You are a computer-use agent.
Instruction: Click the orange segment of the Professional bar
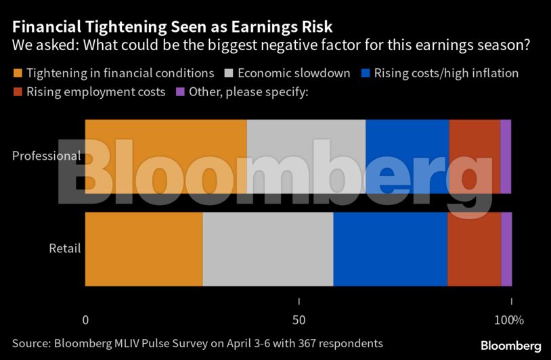tap(166, 156)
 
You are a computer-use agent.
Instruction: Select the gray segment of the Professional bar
tap(306, 156)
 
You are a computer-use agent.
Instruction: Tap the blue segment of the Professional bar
tap(407, 156)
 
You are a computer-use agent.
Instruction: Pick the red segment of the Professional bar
tap(475, 156)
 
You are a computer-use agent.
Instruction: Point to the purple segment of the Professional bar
tap(506, 156)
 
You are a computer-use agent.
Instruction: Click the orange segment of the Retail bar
tap(144, 248)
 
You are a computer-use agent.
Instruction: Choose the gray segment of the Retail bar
tap(268, 248)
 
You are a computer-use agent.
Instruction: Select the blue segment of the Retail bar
tap(391, 248)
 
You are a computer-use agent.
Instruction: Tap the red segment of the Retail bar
tap(475, 248)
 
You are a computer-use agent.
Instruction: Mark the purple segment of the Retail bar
tap(506, 248)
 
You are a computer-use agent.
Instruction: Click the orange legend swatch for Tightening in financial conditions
tap(18, 73)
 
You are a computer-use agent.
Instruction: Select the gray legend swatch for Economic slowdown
tap(227, 73)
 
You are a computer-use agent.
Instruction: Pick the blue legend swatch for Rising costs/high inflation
tap(366, 73)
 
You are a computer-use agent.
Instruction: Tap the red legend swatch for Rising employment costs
tap(18, 92)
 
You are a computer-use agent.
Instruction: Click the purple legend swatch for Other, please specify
tap(179, 92)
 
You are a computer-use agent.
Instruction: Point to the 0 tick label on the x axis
tap(85, 320)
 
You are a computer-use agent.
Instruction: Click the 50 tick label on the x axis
tap(299, 320)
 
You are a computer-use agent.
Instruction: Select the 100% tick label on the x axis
tap(509, 320)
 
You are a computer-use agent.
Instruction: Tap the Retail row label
tap(65, 248)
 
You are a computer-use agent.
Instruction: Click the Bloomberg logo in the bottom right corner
tap(510, 346)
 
